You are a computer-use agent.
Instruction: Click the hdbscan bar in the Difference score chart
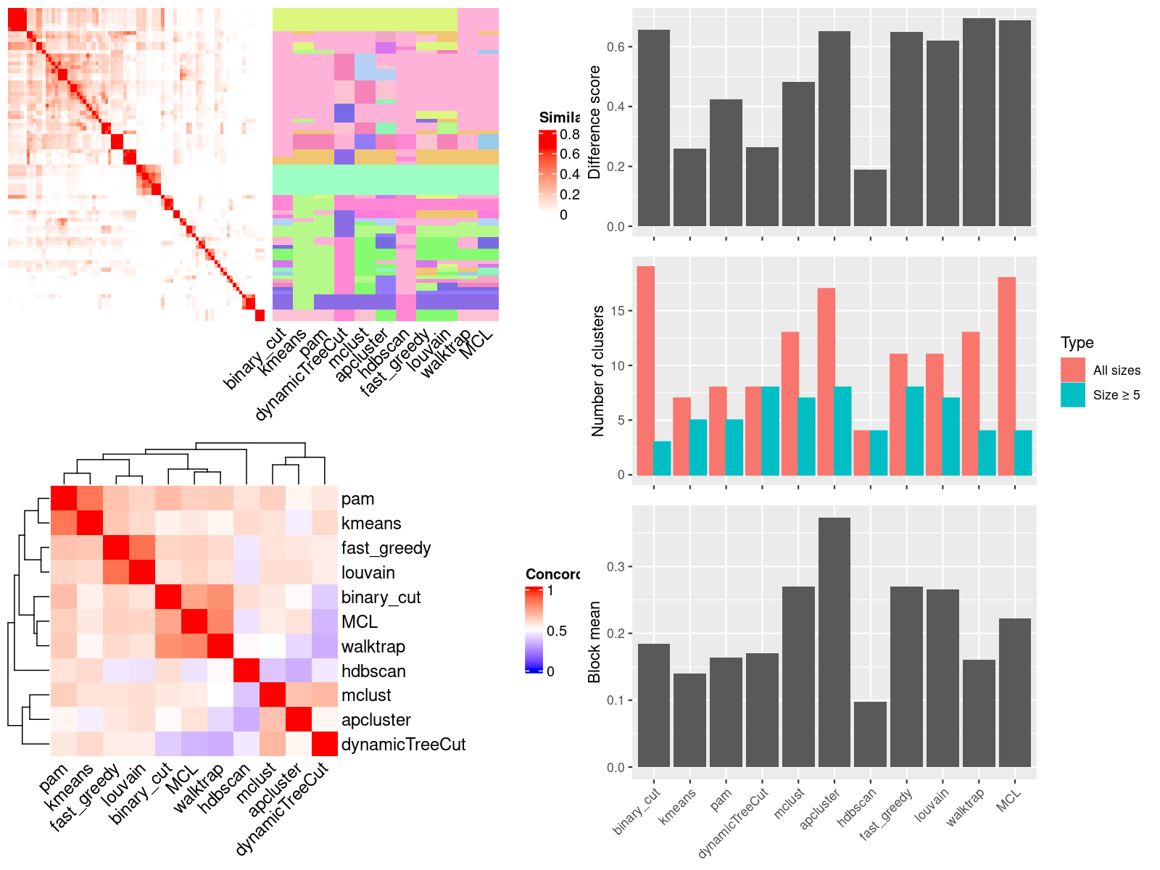click(870, 198)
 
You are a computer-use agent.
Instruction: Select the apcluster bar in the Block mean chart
click(834, 642)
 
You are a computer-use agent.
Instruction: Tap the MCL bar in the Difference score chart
click(1014, 123)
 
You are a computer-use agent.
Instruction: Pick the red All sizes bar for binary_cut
click(645, 370)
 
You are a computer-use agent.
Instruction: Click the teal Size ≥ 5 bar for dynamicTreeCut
click(770, 431)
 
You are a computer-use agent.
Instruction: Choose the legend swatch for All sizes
click(1073, 370)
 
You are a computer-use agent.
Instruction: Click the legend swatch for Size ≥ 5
click(1073, 395)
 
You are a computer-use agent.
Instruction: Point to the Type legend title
click(1077, 343)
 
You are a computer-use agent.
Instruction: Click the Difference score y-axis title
click(595, 122)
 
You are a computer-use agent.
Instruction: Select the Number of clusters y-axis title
click(598, 370)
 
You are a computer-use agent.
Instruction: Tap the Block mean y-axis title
click(595, 642)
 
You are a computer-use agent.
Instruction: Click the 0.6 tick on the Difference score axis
click(616, 46)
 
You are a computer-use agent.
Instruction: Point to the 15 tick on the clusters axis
click(618, 311)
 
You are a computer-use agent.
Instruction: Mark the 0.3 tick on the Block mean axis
click(616, 566)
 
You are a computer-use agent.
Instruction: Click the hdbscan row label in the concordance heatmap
click(373, 671)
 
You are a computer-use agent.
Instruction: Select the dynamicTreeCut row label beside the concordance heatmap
click(403, 745)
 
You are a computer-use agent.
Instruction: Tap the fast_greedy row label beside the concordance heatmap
click(386, 548)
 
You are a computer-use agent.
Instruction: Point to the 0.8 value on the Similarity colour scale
click(570, 134)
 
